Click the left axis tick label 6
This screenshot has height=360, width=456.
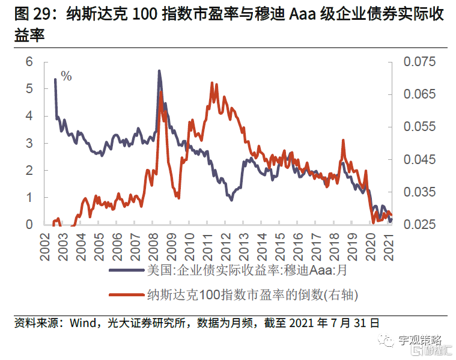pyautogui.click(x=29, y=62)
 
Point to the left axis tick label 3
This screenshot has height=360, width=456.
pyautogui.click(x=29, y=143)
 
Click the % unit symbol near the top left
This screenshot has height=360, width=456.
pyautogui.click(x=66, y=76)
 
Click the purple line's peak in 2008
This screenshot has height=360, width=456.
pyautogui.click(x=159, y=71)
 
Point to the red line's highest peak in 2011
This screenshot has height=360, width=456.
pyautogui.click(x=213, y=83)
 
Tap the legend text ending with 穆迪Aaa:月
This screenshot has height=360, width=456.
pyautogui.click(x=247, y=270)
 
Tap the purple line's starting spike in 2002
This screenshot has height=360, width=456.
pyautogui.click(x=55, y=79)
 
